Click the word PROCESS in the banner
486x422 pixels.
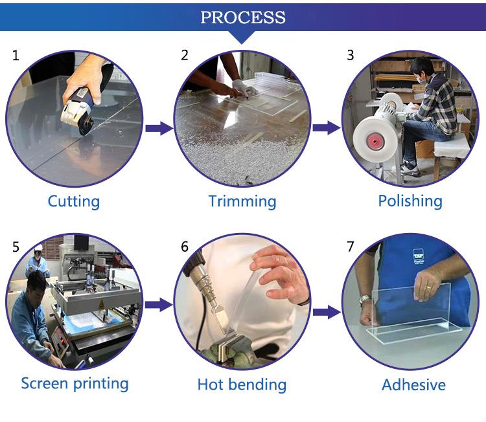(243, 17)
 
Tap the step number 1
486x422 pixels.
(16, 56)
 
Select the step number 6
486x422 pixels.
(185, 247)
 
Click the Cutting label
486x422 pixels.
(74, 201)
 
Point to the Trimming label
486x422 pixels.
(242, 201)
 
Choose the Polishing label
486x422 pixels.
(410, 201)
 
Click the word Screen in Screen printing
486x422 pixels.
(45, 383)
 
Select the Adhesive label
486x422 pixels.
(413, 385)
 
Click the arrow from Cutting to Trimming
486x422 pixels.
(159, 128)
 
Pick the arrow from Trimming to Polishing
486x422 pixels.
(327, 128)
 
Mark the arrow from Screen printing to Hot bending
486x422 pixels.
(159, 305)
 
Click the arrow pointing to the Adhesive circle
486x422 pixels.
(327, 312)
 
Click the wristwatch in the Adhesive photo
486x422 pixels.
(365, 300)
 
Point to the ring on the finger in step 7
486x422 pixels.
(428, 288)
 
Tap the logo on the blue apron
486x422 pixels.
(418, 256)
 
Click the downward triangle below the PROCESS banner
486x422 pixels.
(242, 36)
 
